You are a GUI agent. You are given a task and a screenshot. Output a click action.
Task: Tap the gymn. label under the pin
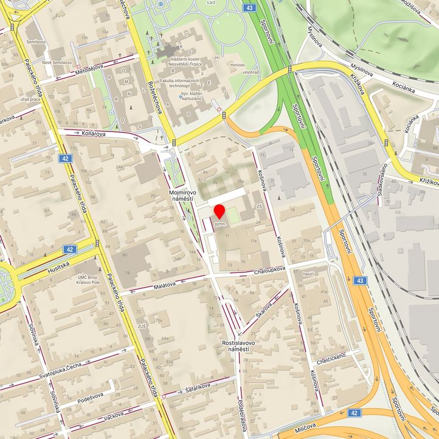tap(220, 224)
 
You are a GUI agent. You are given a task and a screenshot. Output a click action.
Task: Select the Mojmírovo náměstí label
tap(181, 195)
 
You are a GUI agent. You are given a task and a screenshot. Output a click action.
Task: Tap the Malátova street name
tap(165, 284)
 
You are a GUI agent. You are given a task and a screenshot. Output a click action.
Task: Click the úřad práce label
tap(30, 99)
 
